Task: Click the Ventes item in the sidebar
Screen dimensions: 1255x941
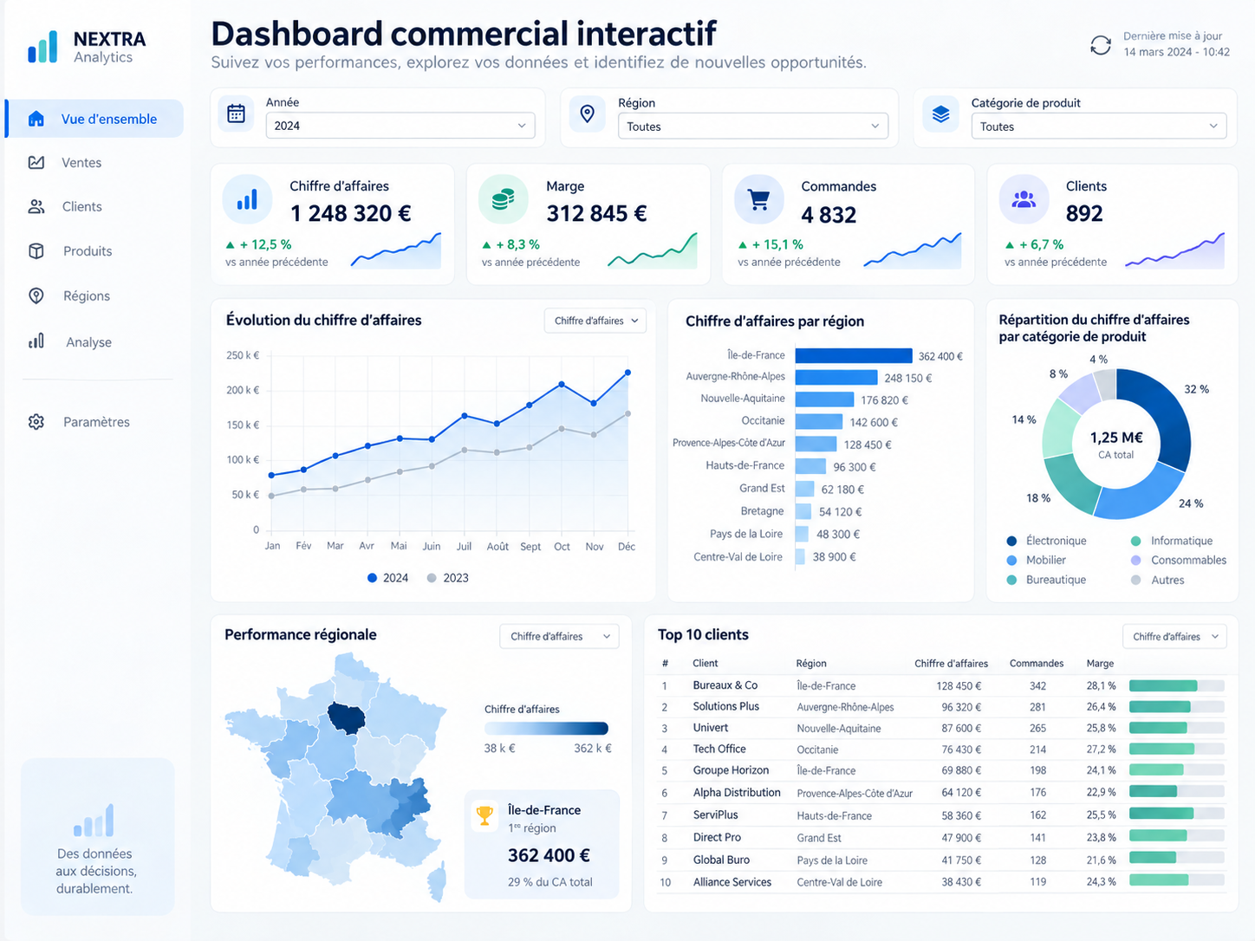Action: pos(81,163)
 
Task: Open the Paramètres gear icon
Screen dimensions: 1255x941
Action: pos(36,422)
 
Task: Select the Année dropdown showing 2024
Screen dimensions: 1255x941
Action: pos(400,126)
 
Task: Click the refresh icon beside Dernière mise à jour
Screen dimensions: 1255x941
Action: pos(1100,45)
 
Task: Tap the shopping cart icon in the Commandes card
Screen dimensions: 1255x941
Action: pos(758,199)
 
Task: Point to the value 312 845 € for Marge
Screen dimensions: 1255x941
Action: pos(596,214)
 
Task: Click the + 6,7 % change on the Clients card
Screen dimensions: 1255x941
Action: pos(1034,244)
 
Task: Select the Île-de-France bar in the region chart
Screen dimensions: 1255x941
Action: pos(854,355)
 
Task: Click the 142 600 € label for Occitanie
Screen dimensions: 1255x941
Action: pos(874,422)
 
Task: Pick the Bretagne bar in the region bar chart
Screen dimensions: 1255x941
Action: pos(803,511)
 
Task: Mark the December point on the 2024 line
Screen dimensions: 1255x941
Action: pos(627,373)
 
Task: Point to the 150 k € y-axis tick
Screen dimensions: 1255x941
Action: pos(243,425)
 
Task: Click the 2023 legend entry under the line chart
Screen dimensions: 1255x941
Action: pos(448,578)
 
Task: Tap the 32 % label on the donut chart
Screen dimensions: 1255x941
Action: pos(1196,389)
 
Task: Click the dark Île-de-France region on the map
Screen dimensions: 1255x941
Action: pos(347,718)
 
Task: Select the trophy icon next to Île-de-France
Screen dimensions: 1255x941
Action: pos(484,815)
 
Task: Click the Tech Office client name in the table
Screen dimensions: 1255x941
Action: pos(719,749)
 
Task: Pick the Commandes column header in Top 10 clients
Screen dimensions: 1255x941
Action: pos(1036,664)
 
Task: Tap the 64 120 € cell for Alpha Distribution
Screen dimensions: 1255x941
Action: pos(961,793)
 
